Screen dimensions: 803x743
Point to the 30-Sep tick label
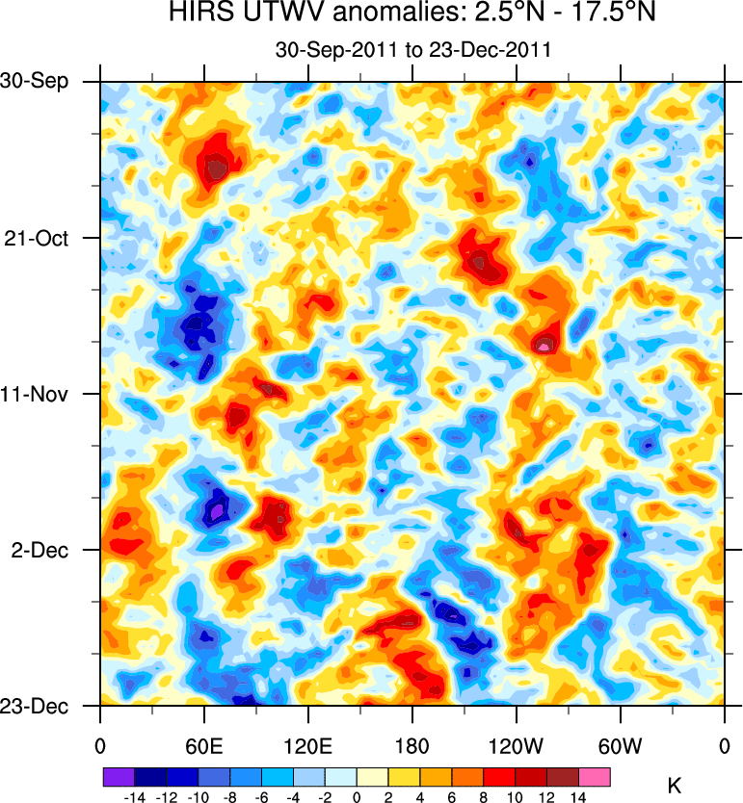coord(36,81)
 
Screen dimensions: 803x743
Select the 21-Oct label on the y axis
coord(38,238)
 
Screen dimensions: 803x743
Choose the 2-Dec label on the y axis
coord(41,550)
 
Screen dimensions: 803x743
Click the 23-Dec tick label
coord(36,706)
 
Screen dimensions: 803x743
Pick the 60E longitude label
coord(204,746)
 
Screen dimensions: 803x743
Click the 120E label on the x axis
coord(308,746)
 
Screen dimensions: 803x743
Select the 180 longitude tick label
coord(412,746)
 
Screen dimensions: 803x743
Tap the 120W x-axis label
coord(517,746)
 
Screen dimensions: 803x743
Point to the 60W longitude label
coord(621,746)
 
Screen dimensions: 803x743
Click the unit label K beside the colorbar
coord(675,786)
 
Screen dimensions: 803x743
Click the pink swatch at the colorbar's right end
coord(595,775)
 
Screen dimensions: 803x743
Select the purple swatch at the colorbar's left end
coord(118,775)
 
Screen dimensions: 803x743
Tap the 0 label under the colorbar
coord(357,796)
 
